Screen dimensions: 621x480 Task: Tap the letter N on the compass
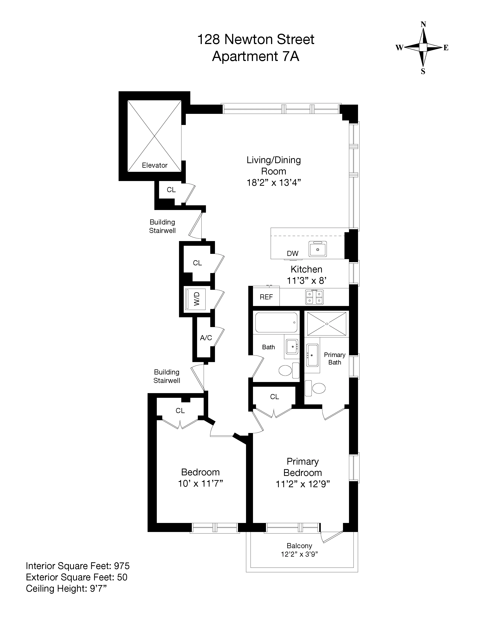(x=423, y=24)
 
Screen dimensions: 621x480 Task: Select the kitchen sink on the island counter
(x=318, y=249)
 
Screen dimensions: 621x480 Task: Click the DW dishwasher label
(x=292, y=253)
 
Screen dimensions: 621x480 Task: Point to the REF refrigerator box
(x=266, y=297)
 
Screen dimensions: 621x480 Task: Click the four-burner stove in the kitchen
(x=314, y=297)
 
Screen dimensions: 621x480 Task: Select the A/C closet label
(x=206, y=338)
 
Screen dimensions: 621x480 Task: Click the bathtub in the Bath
(x=276, y=322)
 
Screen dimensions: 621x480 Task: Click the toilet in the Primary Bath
(x=316, y=388)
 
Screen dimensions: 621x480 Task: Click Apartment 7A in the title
(x=255, y=56)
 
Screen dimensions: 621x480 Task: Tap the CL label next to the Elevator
(x=171, y=190)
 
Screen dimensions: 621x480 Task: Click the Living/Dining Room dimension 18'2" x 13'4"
(x=274, y=183)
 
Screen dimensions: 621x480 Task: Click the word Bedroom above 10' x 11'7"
(x=200, y=472)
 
